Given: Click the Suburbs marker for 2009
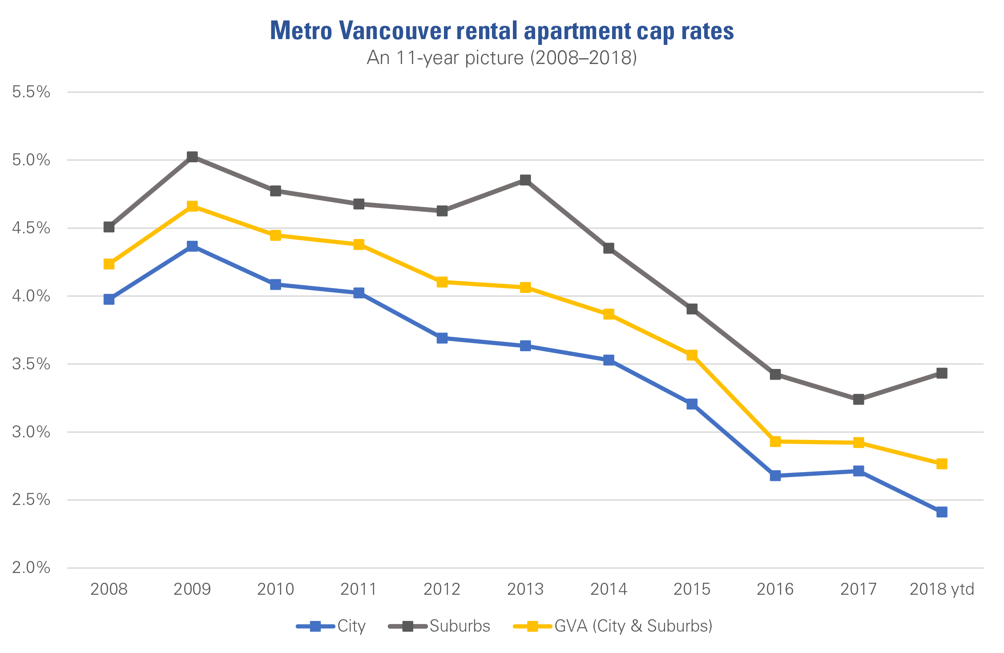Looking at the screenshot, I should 192,157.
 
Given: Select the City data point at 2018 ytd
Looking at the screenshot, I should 941,512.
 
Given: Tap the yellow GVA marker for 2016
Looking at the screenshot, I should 775,441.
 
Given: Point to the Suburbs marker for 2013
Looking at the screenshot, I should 525,180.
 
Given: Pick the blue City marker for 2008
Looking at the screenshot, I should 109,299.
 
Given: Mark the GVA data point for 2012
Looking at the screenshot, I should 442,282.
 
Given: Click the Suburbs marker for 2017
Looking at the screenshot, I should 859,399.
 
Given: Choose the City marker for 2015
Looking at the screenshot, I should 692,404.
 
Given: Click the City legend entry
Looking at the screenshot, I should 331,626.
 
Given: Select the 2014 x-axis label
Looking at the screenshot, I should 609,589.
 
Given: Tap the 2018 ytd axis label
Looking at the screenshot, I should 941,589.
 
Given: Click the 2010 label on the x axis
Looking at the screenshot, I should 275,589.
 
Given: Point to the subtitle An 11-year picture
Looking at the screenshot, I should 502,58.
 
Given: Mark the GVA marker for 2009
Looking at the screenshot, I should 192,206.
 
